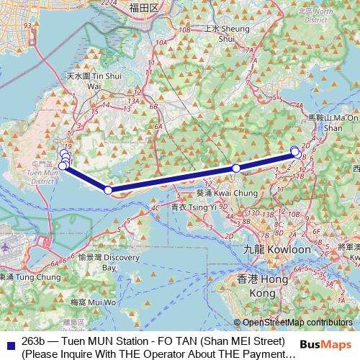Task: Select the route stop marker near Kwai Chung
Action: [235, 168]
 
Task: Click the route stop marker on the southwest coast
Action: [108, 190]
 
